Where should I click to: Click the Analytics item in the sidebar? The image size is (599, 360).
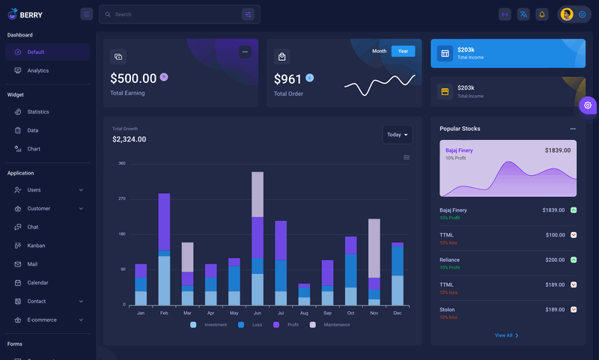[37, 70]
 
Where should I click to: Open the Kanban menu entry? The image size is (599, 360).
[36, 245]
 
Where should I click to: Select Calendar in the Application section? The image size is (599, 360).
[37, 283]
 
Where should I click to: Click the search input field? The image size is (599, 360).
[176, 14]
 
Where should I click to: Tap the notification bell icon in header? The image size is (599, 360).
[542, 14]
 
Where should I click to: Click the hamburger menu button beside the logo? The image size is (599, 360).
[87, 14]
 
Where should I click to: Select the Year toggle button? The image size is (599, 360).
[403, 51]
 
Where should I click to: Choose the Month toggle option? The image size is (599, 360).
[380, 51]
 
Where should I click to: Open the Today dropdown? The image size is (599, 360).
[397, 135]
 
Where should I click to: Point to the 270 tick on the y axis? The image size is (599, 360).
[121, 198]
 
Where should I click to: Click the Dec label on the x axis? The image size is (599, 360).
[397, 313]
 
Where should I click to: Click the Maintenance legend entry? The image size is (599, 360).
[336, 325]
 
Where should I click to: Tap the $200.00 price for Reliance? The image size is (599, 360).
[555, 260]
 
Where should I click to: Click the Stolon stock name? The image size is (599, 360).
[447, 309]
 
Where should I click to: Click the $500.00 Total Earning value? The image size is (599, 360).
[133, 79]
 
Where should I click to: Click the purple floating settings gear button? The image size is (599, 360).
[588, 106]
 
